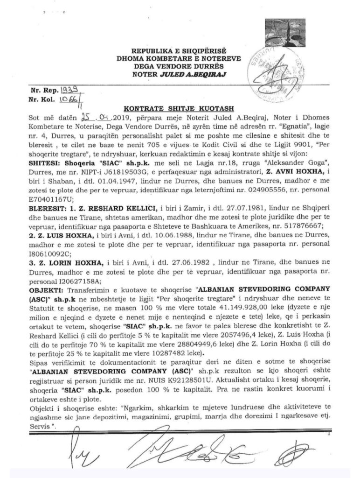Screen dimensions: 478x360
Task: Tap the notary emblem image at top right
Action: coord(285,34)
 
